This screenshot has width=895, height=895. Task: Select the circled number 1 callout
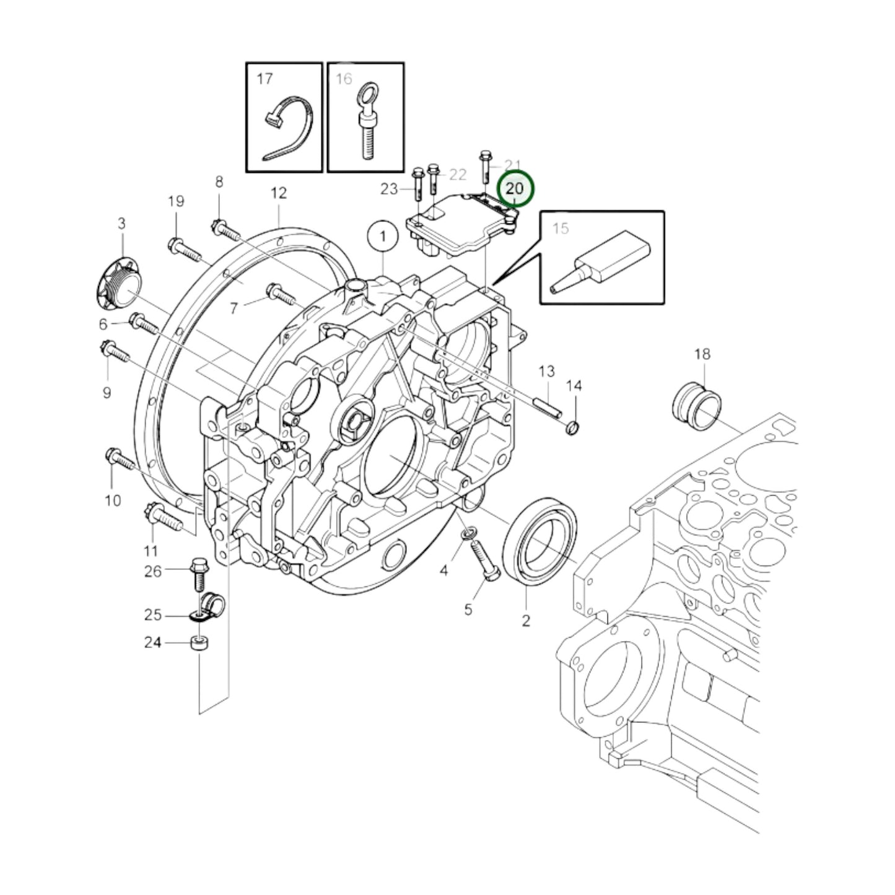coord(383,236)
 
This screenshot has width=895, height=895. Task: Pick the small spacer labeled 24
coord(199,642)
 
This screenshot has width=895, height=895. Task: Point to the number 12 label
coord(279,193)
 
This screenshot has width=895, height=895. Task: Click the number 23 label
coord(388,188)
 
